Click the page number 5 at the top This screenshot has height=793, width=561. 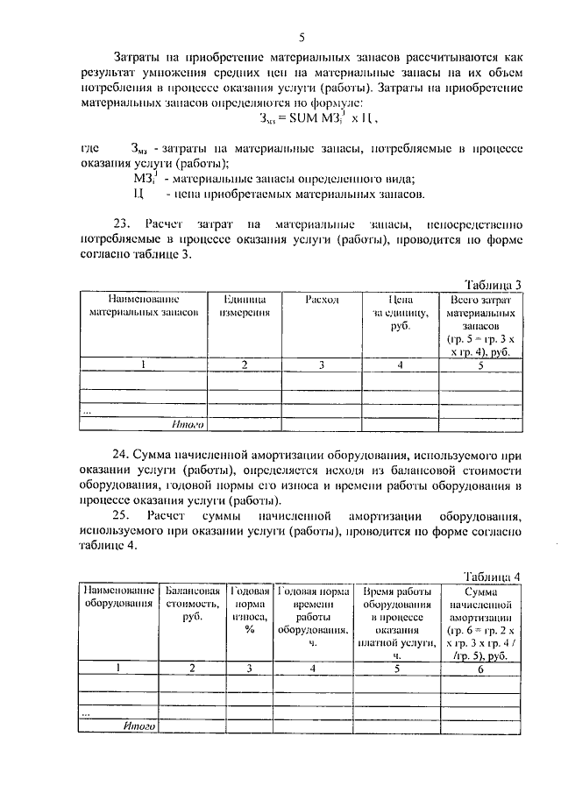302,37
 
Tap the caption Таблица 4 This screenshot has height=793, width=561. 491,576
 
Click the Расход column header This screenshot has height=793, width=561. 322,299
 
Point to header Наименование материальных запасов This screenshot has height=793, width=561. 143,305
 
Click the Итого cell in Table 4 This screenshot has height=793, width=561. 139,726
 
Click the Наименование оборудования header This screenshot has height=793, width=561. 119,596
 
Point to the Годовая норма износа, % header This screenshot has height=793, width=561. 249,609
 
